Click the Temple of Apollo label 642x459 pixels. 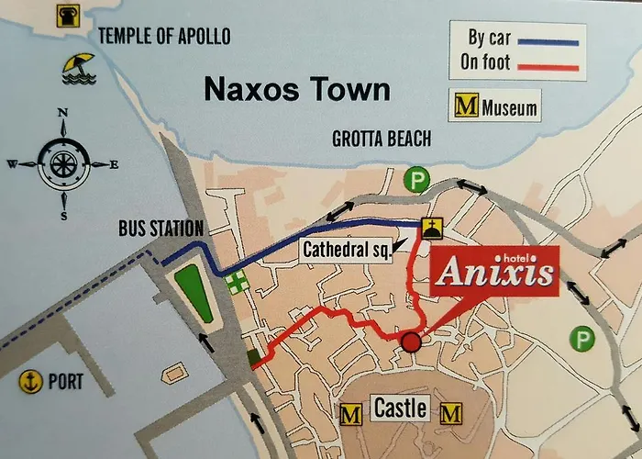click(x=164, y=36)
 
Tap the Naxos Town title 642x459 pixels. click(x=296, y=90)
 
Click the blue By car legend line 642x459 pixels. click(x=548, y=41)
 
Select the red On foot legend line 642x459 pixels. click(x=548, y=66)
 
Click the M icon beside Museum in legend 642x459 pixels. click(x=466, y=107)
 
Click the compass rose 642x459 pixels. click(x=63, y=165)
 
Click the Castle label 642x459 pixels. click(x=400, y=408)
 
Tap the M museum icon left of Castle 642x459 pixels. click(x=351, y=414)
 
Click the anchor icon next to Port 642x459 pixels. click(x=32, y=380)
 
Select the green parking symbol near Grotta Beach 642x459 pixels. click(x=418, y=179)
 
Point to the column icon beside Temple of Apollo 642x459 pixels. click(x=67, y=16)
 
